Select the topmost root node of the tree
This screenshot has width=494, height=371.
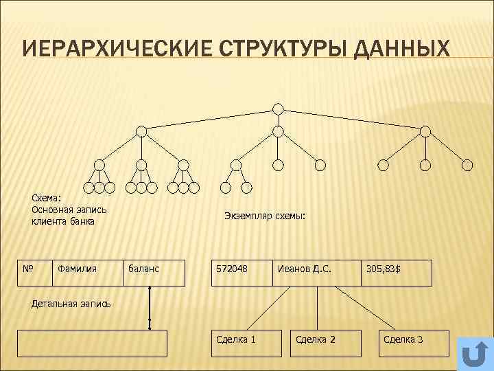click(278, 109)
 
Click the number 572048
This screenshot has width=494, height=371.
click(232, 269)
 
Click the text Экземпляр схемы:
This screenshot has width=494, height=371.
click(265, 216)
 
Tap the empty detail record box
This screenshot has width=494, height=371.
click(92, 343)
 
